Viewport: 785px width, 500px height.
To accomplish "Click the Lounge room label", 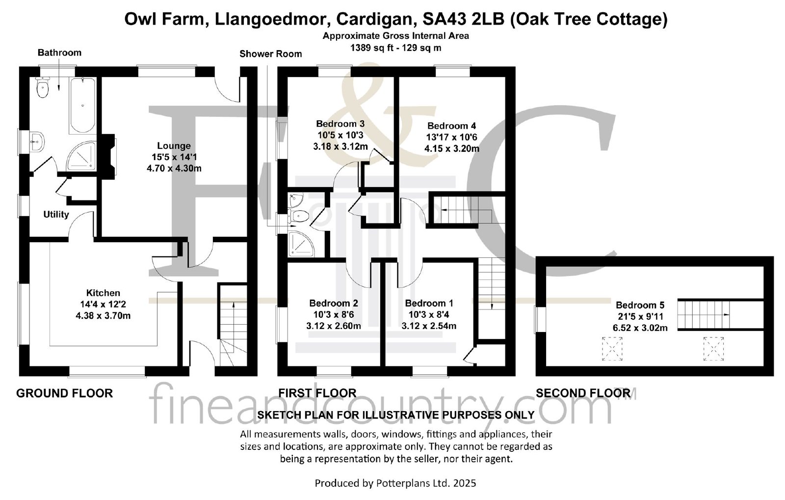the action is point(174,145).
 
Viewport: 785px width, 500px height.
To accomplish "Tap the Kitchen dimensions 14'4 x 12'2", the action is point(103,304).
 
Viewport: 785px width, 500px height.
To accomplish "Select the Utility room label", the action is point(56,214).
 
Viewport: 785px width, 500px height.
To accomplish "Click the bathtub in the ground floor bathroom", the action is point(83,105).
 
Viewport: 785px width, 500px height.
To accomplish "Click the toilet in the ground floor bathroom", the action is point(42,88).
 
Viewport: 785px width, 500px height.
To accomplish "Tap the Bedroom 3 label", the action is point(340,123).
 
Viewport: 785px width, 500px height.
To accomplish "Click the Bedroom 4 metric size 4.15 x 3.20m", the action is point(452,149).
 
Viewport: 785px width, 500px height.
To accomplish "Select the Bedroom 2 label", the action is point(334,303).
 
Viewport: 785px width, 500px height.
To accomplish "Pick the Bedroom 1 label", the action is point(429,303).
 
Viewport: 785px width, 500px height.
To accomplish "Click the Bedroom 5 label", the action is point(640,305).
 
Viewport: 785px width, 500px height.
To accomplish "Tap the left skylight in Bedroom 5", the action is point(612,349).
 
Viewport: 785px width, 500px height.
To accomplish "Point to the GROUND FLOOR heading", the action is point(64,393).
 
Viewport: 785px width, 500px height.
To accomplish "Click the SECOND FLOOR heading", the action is point(583,393).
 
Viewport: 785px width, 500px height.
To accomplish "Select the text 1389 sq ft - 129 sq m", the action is point(395,48).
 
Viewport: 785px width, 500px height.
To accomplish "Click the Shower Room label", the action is point(270,54).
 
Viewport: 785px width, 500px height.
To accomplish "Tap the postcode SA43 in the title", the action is point(444,19).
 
